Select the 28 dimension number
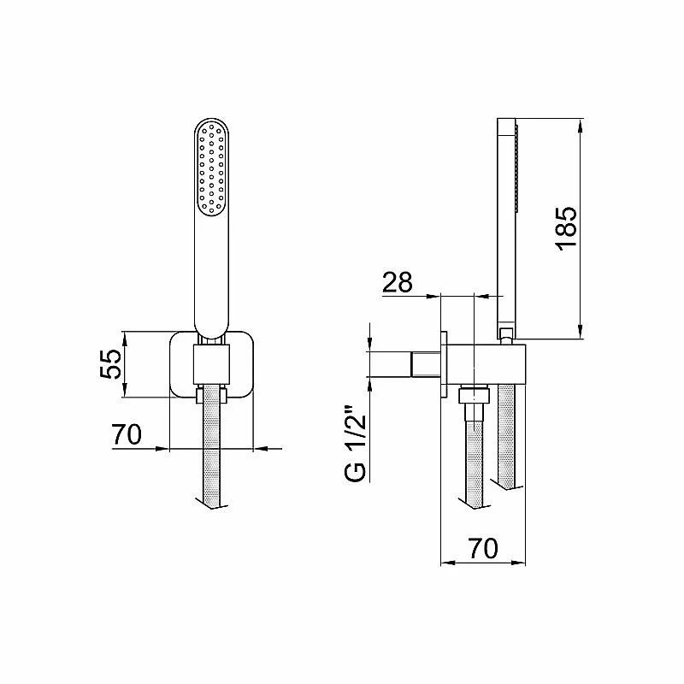(x=397, y=282)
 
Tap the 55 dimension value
(x=110, y=363)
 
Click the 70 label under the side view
(x=483, y=548)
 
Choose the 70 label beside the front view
(x=127, y=434)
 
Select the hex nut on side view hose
(x=474, y=396)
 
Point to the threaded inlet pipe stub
(x=426, y=364)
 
